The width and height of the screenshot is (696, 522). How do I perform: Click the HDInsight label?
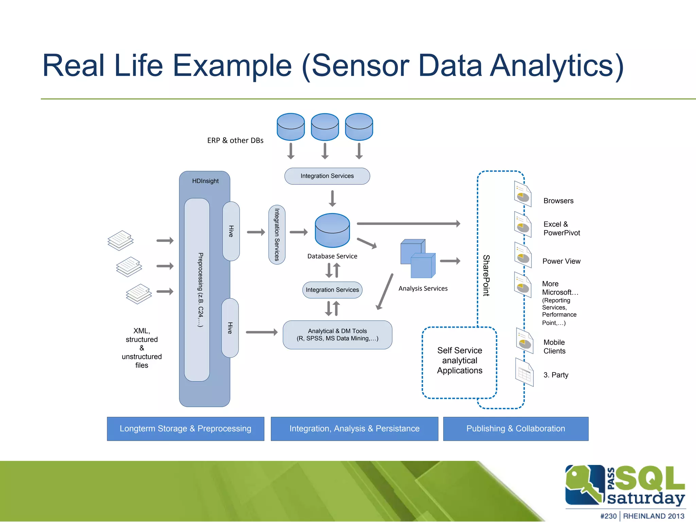tap(205, 181)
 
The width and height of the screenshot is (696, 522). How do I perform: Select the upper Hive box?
tap(231, 231)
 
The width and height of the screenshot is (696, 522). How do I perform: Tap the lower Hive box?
tap(230, 328)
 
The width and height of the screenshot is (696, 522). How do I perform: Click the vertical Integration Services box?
tap(277, 234)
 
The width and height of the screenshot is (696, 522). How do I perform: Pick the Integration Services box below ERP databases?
tap(327, 176)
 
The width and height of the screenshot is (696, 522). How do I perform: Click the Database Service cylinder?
tap(332, 230)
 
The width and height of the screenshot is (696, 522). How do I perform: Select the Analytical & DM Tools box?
tap(337, 335)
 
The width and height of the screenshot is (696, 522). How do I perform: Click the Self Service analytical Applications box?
tap(459, 361)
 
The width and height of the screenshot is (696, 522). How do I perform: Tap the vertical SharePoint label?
tap(486, 275)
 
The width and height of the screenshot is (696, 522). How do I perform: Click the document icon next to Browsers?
tap(523, 194)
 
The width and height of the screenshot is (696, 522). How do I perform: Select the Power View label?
tap(561, 261)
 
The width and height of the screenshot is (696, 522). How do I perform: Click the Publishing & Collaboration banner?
tap(516, 429)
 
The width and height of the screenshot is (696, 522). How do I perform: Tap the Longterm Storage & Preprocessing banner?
tap(186, 429)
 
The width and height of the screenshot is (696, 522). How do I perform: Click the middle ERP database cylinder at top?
tap(325, 127)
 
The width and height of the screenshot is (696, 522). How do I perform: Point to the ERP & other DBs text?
tap(235, 140)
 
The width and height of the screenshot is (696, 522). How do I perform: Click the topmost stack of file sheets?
tap(120, 240)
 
